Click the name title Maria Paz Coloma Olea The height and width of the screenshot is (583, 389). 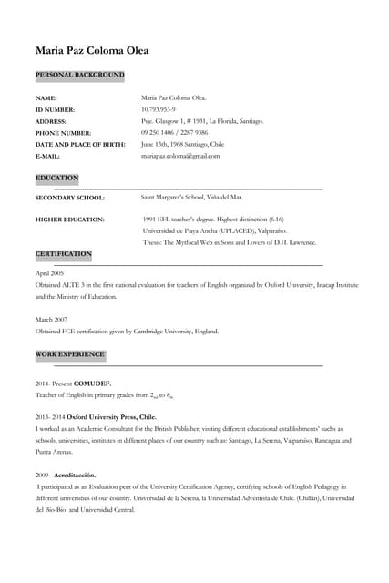pos(91,50)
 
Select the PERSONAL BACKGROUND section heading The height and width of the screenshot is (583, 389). pos(79,75)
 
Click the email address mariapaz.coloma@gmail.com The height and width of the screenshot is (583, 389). pos(180,156)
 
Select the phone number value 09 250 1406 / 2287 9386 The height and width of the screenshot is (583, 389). pos(180,132)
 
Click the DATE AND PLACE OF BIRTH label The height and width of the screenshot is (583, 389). pos(80,144)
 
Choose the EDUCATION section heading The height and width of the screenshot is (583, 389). pos(57,178)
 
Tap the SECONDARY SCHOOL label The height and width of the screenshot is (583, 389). pos(70,197)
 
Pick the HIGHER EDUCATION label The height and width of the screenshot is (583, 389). pos(70,220)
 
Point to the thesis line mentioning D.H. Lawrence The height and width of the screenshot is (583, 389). pos(230,242)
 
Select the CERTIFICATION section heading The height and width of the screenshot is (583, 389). pos(64,253)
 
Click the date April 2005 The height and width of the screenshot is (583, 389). pos(49,273)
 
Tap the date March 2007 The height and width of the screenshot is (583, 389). pos(51,320)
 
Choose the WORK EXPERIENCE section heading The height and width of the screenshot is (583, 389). pos(70,353)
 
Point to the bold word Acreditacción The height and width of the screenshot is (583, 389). pos(75,476)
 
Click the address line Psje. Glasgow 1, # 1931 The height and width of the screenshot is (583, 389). pos(202,120)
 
